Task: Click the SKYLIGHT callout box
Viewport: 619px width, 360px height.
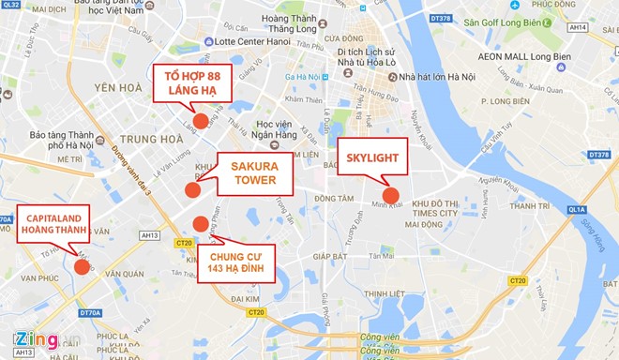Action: [x=372, y=157]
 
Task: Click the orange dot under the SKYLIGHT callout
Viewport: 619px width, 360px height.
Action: [x=392, y=196]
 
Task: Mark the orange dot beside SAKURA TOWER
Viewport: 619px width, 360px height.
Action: [x=193, y=189]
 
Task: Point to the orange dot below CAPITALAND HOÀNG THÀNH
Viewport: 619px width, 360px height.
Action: [x=82, y=266]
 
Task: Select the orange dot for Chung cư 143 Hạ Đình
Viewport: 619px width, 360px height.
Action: [x=201, y=223]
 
